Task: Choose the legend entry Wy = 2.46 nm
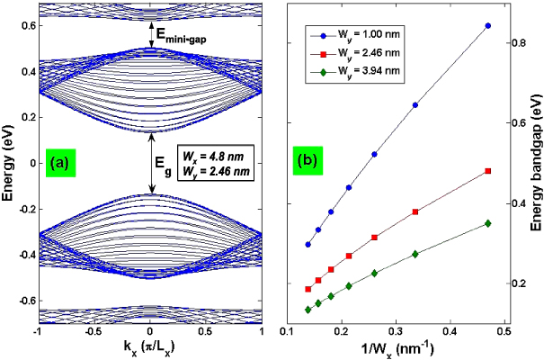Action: (352, 56)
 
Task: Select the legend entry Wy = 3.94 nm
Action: (352, 74)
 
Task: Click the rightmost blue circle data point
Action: (488, 25)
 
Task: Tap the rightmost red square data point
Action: (488, 170)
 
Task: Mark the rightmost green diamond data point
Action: (488, 223)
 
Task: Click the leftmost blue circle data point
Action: (308, 244)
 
